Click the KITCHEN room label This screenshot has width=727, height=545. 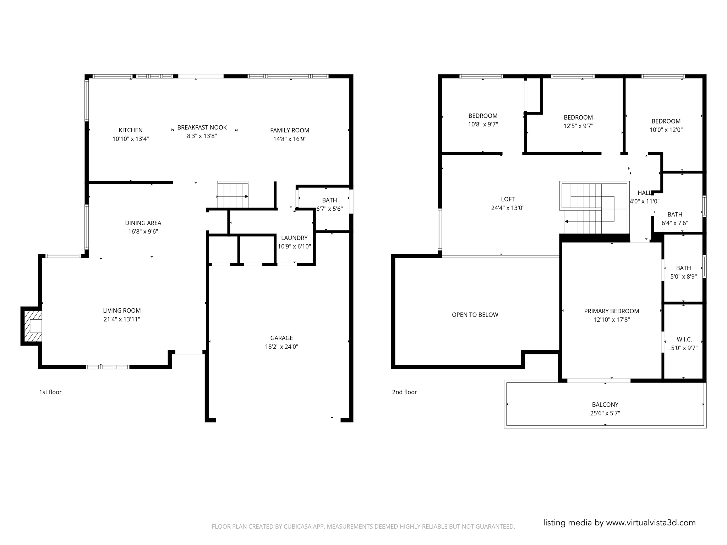click(x=130, y=130)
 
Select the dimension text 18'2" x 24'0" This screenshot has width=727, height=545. click(x=281, y=347)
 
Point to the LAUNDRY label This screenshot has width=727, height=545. click(x=294, y=238)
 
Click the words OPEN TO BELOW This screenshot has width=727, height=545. click(x=475, y=315)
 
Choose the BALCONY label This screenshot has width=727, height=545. click(x=605, y=404)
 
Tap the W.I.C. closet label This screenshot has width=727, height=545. click(x=684, y=340)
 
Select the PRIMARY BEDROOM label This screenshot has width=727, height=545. click(x=611, y=311)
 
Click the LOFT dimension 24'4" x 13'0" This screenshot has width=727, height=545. click(x=508, y=208)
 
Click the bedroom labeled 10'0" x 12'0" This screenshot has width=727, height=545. click(x=666, y=126)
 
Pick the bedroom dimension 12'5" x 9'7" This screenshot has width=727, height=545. click(x=578, y=126)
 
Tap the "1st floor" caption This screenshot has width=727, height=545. click(x=50, y=392)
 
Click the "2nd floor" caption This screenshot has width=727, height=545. click(x=404, y=392)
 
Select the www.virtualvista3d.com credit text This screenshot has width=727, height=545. click(x=650, y=523)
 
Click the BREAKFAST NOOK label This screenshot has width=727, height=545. click(x=202, y=127)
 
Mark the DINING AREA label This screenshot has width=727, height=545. click(x=143, y=223)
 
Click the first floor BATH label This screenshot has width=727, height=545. click(x=329, y=200)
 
